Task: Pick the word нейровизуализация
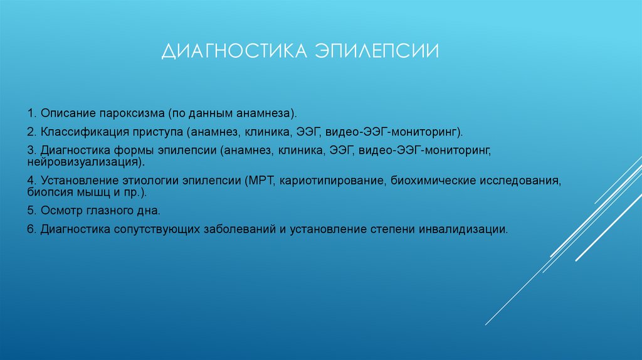(83, 162)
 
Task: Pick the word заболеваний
(239, 229)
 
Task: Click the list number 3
(30, 151)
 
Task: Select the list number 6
(30, 229)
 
